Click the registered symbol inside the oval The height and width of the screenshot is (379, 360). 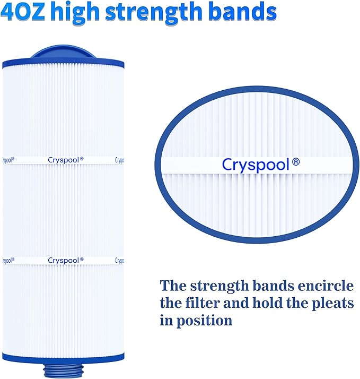point(295,162)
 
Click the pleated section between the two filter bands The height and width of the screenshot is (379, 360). point(63,210)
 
